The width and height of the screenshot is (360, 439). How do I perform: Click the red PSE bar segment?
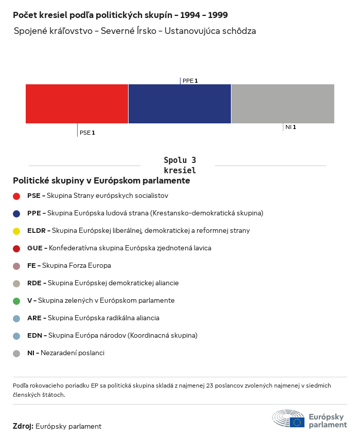[x=77, y=103]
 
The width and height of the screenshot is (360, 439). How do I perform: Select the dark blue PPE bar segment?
[x=179, y=103]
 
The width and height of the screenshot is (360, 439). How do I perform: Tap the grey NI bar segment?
[x=283, y=103]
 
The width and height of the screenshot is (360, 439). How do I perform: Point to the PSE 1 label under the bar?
[x=87, y=133]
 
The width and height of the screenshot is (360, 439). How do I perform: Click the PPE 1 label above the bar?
[x=190, y=81]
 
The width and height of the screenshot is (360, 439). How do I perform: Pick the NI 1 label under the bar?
[x=291, y=127]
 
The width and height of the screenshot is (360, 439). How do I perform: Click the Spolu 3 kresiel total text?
[x=179, y=165]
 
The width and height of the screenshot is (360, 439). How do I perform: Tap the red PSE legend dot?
[x=16, y=196]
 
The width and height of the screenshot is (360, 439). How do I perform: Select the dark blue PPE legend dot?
[x=16, y=213]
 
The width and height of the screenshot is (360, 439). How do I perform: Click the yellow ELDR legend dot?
[x=16, y=231]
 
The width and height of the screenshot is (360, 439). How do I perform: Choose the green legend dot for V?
[x=16, y=301]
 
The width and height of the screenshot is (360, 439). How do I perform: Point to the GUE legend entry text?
[x=119, y=248]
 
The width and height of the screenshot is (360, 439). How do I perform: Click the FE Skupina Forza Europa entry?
[x=69, y=265]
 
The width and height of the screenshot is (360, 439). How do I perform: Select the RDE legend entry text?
[x=103, y=283]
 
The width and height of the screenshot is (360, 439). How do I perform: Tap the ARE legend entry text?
[x=93, y=318]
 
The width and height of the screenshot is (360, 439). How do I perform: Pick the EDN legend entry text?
[x=112, y=335]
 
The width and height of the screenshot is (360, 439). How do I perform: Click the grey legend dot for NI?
[x=16, y=353]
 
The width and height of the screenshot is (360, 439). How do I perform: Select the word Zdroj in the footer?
[x=23, y=426]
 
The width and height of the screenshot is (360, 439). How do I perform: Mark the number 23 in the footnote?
[x=219, y=386]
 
